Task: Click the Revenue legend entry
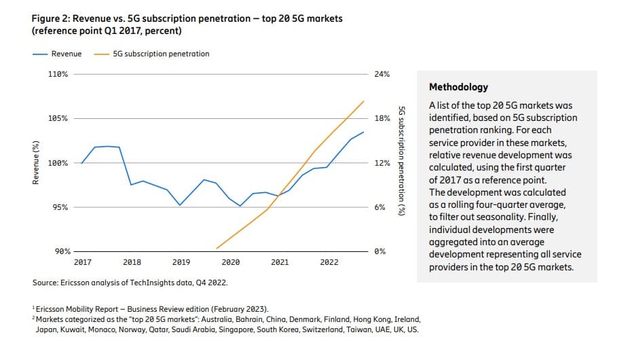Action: pyautogui.click(x=67, y=54)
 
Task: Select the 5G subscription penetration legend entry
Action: pyautogui.click(x=161, y=54)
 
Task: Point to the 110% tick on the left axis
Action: pyautogui.click(x=58, y=73)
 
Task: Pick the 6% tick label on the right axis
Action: pyautogui.click(x=379, y=207)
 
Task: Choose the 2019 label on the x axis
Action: pyautogui.click(x=181, y=262)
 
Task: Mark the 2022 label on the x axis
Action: pyautogui.click(x=329, y=262)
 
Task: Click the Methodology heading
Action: pyautogui.click(x=458, y=88)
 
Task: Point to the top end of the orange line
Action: pyautogui.click(x=364, y=101)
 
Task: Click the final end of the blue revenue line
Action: pyautogui.click(x=364, y=132)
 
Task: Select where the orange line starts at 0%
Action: pyautogui.click(x=217, y=249)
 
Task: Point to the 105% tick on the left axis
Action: pyautogui.click(x=58, y=118)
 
